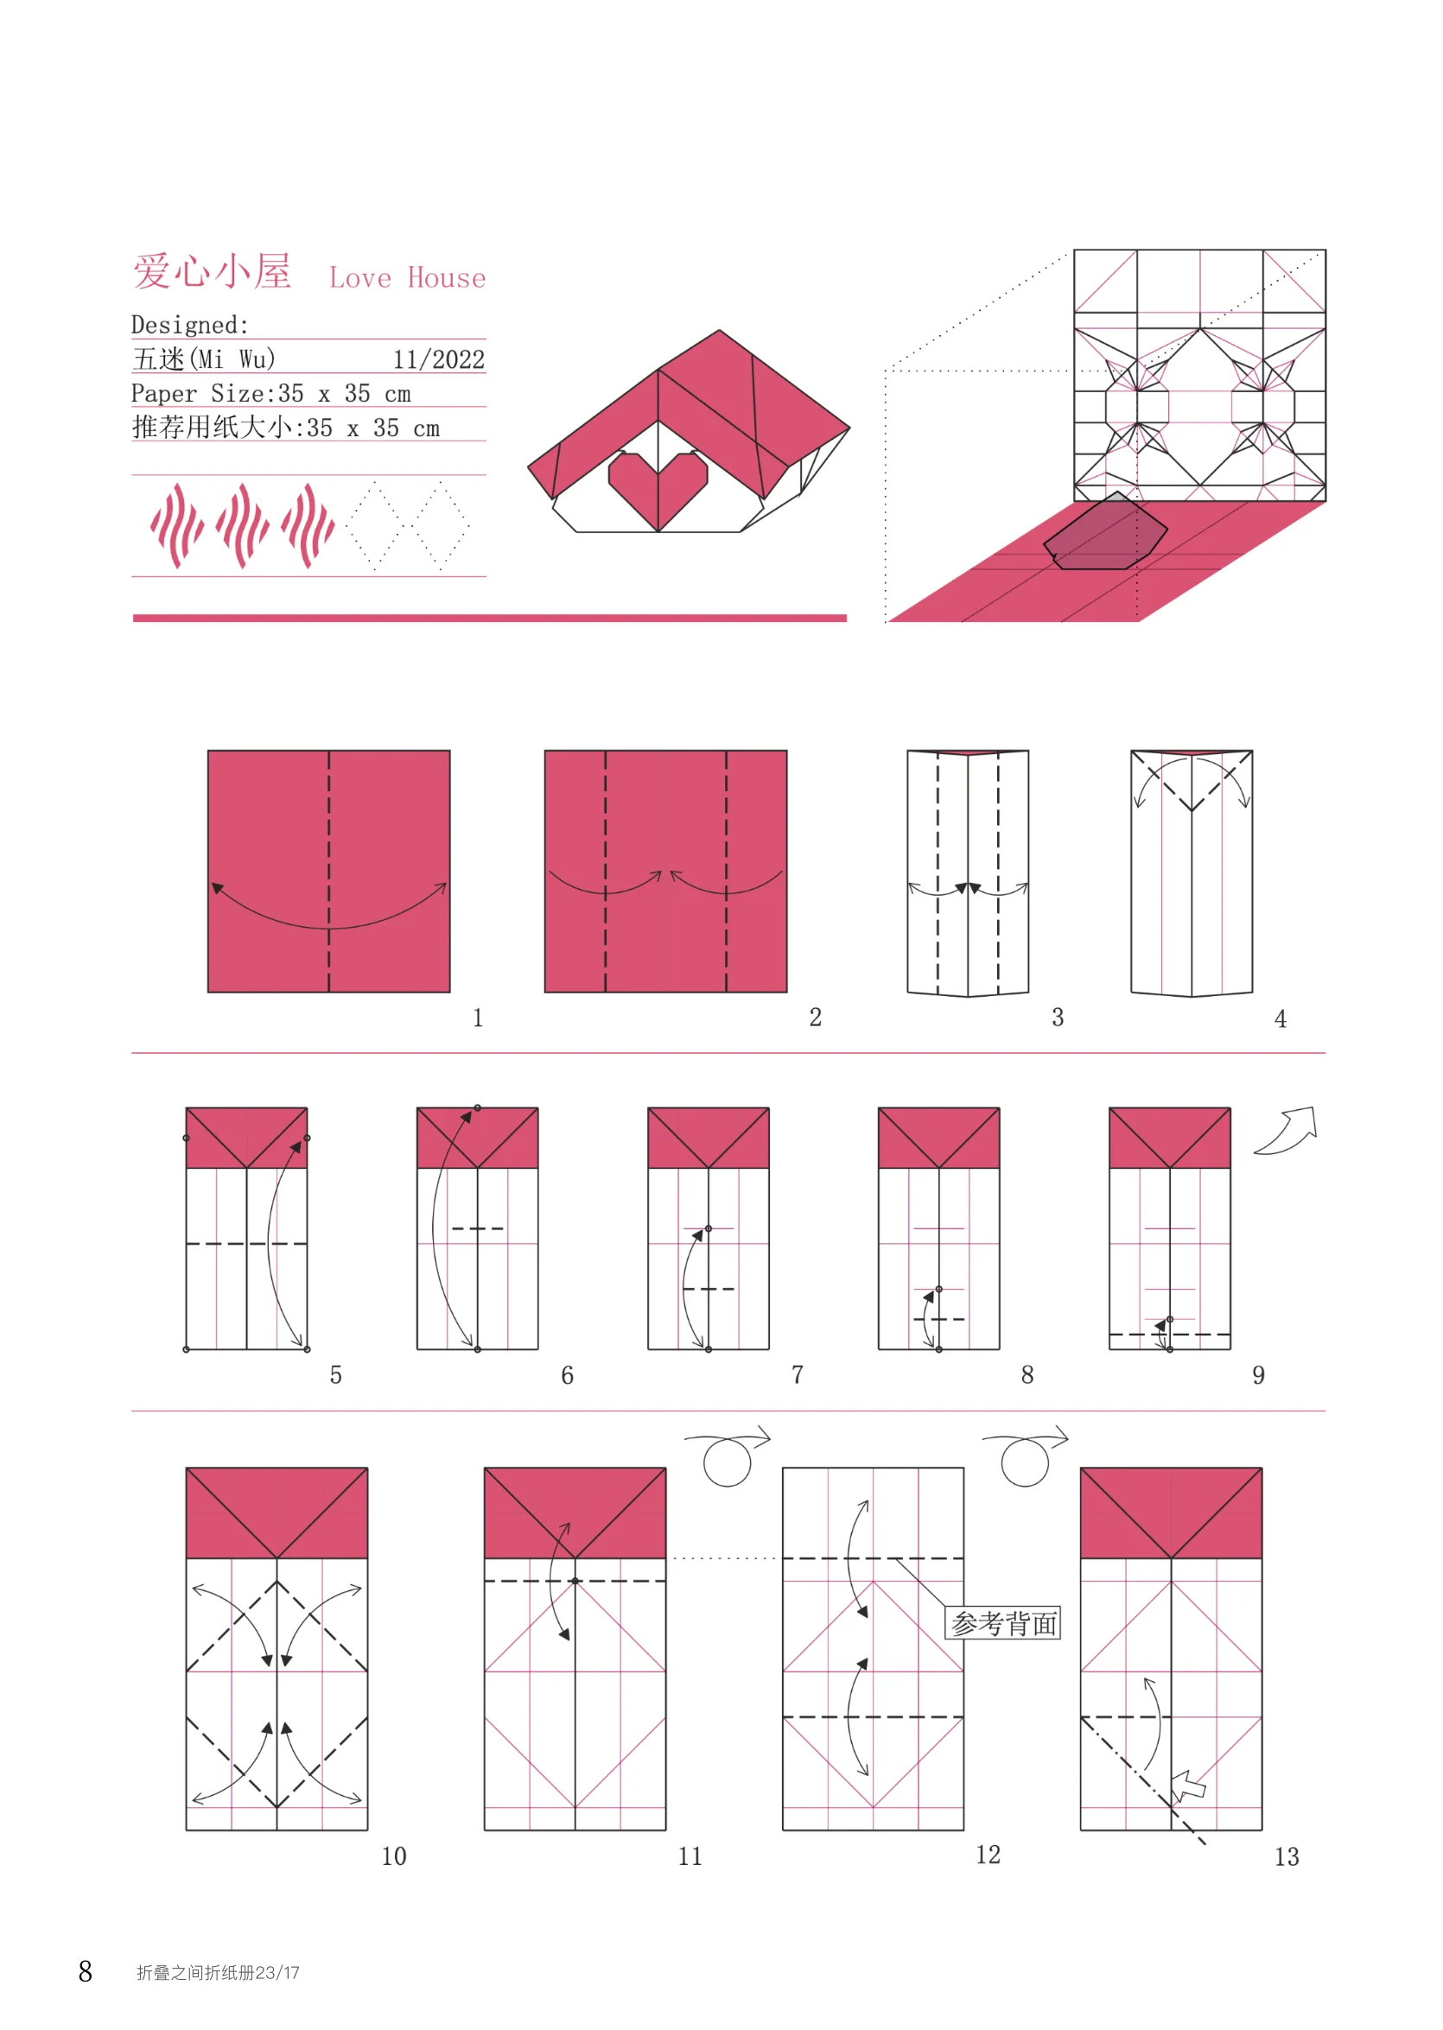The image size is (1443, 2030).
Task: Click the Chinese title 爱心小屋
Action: point(213,271)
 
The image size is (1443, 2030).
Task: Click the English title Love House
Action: point(408,278)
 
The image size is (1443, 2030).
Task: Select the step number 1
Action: point(478,1018)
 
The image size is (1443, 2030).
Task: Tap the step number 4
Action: point(1281,1019)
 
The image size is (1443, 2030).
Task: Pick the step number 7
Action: point(798,1375)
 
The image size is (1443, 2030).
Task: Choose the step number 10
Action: point(394,1856)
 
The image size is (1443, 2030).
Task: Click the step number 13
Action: point(1287,1856)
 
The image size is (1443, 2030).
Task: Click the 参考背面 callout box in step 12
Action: point(1003,1623)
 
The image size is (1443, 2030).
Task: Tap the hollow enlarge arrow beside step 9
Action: point(1286,1130)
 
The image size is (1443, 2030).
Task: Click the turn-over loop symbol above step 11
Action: point(728,1457)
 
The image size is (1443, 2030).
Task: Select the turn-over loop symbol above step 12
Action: point(1026,1457)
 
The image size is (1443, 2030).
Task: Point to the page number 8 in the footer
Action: point(86,1971)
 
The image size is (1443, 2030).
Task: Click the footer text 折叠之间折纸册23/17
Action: point(218,1972)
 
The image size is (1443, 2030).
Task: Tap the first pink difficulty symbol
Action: point(177,526)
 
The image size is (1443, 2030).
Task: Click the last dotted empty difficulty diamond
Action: point(440,526)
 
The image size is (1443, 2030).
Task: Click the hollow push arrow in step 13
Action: point(1188,1785)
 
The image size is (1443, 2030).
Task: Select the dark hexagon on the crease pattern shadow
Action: point(1105,531)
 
